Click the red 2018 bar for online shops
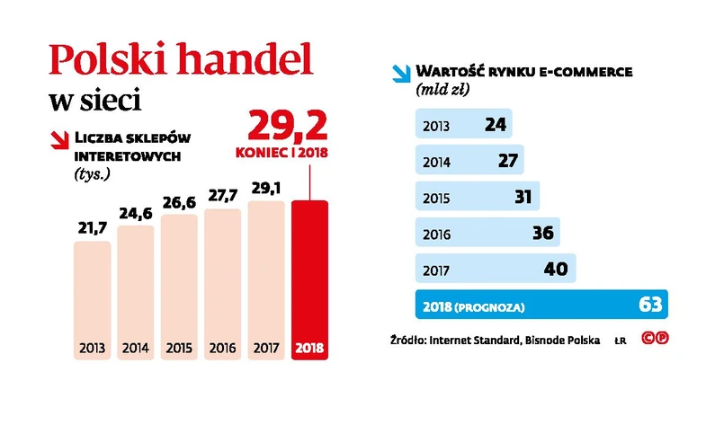[x=310, y=279]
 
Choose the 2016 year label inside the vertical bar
[x=222, y=348]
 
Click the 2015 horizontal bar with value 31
[x=476, y=196]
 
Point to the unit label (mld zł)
[x=444, y=90]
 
